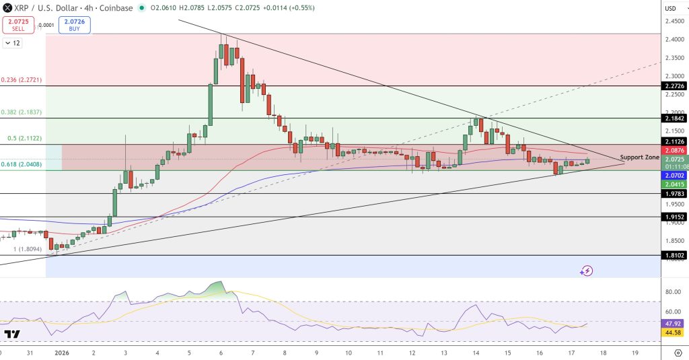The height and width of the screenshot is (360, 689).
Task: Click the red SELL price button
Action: point(18,26)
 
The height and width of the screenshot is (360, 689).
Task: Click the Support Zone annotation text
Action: point(639,157)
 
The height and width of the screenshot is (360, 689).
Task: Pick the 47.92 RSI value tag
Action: point(674,323)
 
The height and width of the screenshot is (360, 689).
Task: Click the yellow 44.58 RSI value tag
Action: point(674,332)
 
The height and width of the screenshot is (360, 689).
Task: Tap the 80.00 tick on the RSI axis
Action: point(673,292)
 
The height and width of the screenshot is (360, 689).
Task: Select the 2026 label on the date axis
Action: point(61,353)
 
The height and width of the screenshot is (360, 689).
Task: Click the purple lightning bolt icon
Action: point(587,271)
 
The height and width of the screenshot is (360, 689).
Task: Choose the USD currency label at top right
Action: point(671,8)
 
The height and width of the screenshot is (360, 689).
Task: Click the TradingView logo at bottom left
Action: point(11,334)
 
